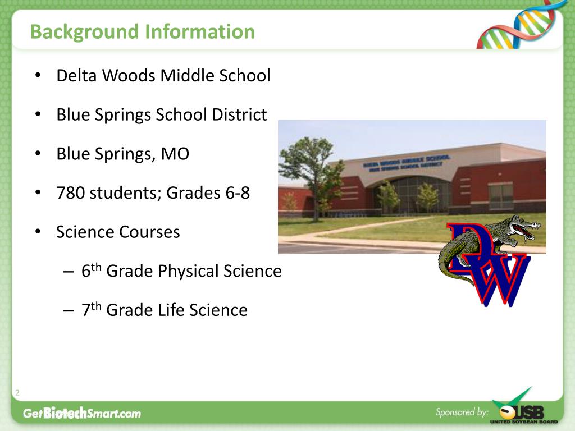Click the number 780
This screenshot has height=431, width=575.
coord(70,193)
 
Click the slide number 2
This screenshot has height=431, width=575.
coord(17,393)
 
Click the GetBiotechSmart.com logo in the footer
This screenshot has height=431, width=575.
coord(82,414)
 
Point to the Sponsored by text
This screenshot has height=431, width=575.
coord(462,412)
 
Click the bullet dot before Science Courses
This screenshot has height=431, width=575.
coord(37,232)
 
